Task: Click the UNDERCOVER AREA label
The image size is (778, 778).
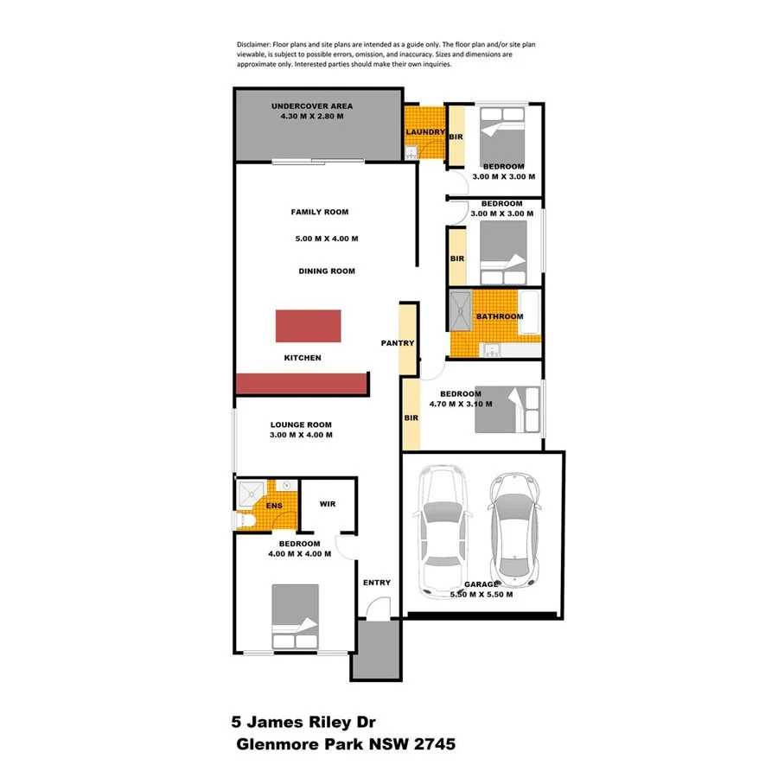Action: tap(312, 106)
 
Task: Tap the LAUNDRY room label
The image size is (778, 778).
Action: tap(425, 132)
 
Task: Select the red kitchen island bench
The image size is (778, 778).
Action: tap(308, 325)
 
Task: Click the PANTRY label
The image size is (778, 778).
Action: tap(398, 343)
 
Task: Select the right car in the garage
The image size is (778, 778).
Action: tap(515, 526)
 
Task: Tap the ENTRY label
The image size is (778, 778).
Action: tap(377, 583)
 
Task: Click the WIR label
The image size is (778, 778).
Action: tap(327, 504)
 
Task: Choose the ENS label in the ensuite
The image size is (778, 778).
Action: tap(274, 506)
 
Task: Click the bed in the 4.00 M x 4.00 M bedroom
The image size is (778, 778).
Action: tap(295, 616)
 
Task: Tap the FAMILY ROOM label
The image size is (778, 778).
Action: tap(319, 212)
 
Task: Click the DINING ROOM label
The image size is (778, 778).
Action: tap(327, 271)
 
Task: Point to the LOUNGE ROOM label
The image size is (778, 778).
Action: tap(301, 424)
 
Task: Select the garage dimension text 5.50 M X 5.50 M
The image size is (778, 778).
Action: tap(481, 595)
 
